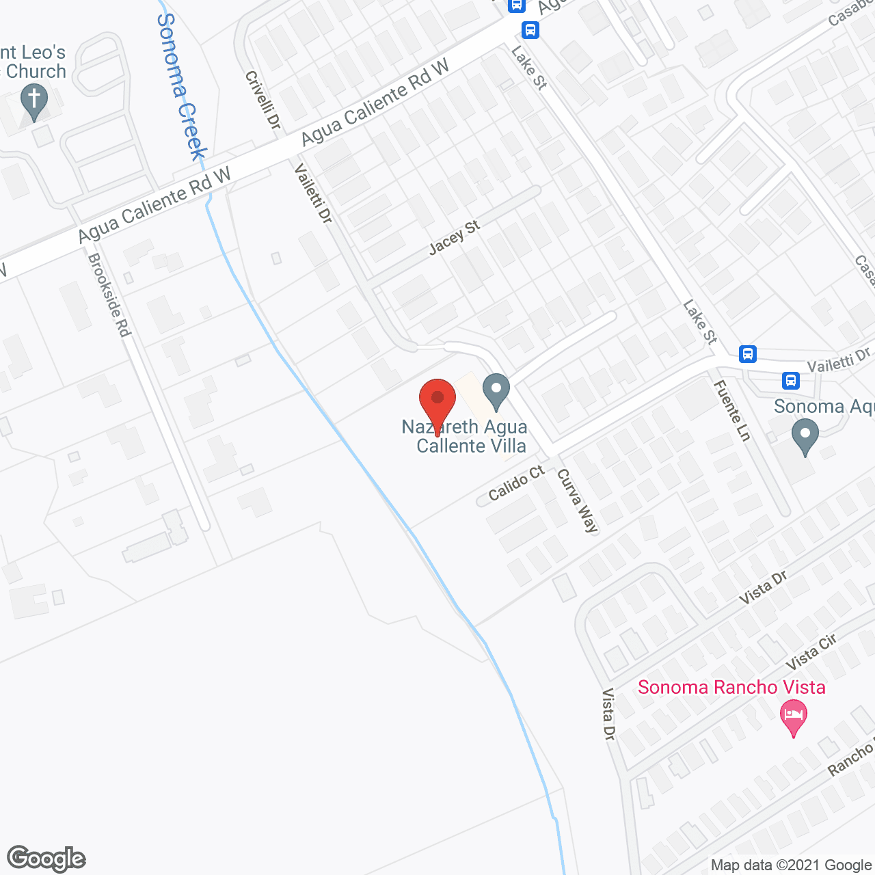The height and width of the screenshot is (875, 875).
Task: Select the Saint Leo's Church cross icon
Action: coord(33,101)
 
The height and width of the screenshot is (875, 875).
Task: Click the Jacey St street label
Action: coord(454,237)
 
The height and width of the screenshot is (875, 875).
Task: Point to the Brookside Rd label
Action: coord(109,295)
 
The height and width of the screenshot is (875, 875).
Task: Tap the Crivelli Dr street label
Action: coord(263,100)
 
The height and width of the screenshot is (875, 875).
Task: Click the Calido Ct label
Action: coord(516,483)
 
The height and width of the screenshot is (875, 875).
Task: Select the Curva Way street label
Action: coord(578,500)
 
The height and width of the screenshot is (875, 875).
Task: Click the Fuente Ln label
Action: coord(731,410)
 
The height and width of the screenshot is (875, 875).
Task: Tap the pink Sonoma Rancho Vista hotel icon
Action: coord(793,717)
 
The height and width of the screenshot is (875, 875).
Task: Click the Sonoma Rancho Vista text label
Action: coord(731,687)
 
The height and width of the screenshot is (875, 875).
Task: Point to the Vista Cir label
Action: coord(811,652)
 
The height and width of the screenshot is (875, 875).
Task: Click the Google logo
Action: coord(46,859)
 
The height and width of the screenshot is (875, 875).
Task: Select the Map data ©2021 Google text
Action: coord(791,865)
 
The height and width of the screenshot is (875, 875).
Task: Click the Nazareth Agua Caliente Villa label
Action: coord(465,436)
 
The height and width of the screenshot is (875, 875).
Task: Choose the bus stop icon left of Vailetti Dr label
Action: coord(791,380)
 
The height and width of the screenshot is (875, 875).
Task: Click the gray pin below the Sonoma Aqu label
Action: coord(805,435)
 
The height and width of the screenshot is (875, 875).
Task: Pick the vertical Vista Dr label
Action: coord(608,714)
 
